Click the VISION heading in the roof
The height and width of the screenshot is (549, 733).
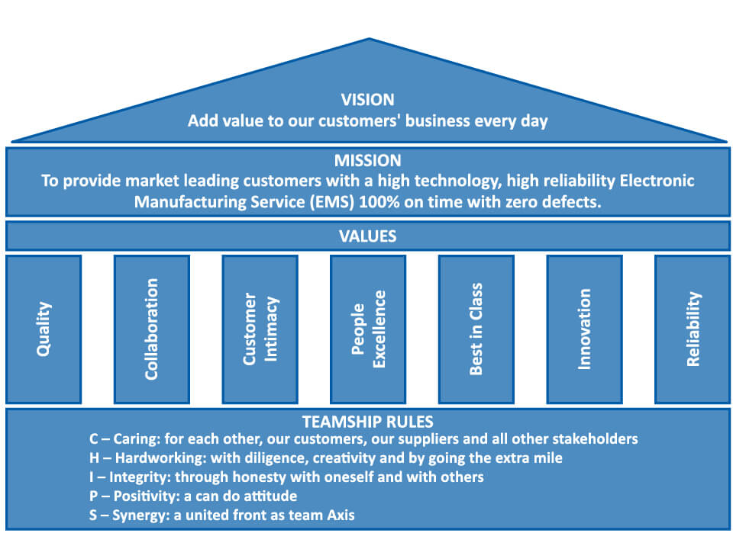pyautogui.click(x=367, y=100)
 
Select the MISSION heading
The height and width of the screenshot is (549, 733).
pyautogui.click(x=367, y=161)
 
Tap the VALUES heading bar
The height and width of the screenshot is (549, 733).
pyautogui.click(x=367, y=236)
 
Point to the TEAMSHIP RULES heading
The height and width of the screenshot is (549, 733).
pyautogui.click(x=367, y=422)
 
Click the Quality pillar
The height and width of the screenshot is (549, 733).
pyautogui.click(x=44, y=329)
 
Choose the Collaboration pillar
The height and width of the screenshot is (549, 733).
pyautogui.click(x=152, y=329)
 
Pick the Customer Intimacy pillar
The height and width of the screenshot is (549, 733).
pyautogui.click(x=260, y=329)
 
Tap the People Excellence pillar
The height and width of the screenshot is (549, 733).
pyautogui.click(x=368, y=329)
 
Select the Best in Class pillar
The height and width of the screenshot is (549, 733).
pyautogui.click(x=476, y=329)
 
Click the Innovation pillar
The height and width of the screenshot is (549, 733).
pyautogui.click(x=584, y=329)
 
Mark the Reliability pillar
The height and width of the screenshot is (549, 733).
pyautogui.click(x=693, y=329)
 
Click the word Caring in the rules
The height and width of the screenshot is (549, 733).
pyautogui.click(x=137, y=439)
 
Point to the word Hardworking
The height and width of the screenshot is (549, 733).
pyautogui.click(x=157, y=458)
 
